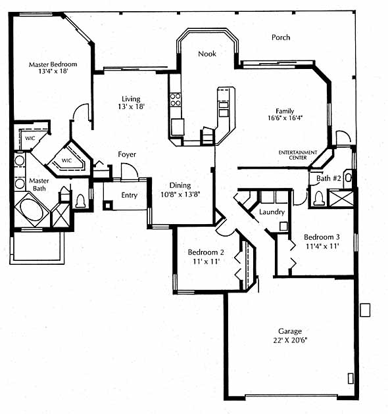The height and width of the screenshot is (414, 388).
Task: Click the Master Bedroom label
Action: pos(53,64)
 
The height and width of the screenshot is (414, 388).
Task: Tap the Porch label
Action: pos(281,37)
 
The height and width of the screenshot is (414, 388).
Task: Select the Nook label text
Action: pos(207,54)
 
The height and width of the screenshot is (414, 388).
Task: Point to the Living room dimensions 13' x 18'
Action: pos(131,106)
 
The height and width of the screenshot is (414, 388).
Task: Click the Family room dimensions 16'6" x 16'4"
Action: pos(285,118)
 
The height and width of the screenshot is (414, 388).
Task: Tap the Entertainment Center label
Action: pos(298,155)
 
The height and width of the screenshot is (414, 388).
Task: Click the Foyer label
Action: pos(127,154)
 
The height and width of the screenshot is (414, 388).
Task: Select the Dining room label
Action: pos(180,185)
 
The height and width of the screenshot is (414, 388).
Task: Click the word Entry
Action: pos(130,195)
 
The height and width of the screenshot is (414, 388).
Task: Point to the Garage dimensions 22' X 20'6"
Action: pos(290,340)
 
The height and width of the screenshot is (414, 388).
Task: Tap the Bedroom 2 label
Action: pos(206,252)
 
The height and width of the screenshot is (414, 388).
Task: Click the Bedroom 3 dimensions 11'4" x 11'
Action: pos(322,246)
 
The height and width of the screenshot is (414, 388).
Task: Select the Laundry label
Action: pos(272,212)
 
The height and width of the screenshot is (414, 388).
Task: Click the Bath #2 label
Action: pos(329,178)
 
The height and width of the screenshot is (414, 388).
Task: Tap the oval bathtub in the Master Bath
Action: pos(32,210)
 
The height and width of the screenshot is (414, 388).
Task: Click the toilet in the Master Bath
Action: pos(80,201)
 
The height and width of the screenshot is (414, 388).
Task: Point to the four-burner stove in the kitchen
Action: pos(175,99)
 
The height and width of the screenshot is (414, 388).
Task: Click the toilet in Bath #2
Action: pos(319,198)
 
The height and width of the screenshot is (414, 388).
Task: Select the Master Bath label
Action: pos(39,184)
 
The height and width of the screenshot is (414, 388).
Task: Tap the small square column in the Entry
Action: pos(108,205)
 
